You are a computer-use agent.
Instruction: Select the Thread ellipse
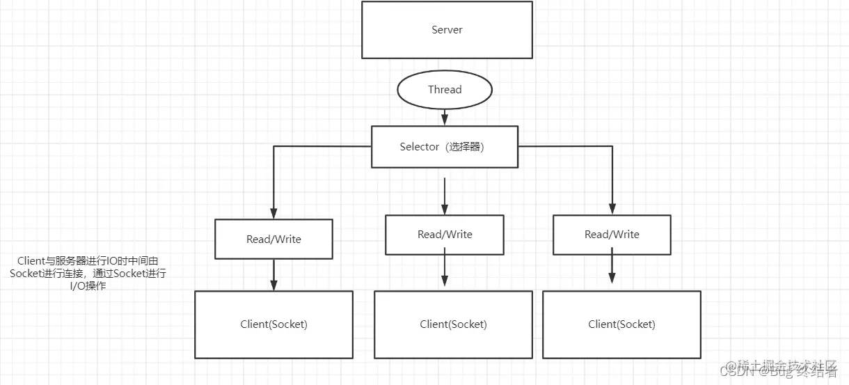(445, 90)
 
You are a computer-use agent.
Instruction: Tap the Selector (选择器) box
(444, 147)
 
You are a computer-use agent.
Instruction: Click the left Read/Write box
(273, 239)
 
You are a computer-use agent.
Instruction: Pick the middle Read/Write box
(444, 235)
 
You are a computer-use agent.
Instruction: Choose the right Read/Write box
(612, 235)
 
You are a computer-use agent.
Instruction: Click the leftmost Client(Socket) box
(273, 324)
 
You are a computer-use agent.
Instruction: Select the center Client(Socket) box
(453, 324)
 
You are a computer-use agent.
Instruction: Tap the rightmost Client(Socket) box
(621, 324)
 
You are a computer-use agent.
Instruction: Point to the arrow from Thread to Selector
(445, 116)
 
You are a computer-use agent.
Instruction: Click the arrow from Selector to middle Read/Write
(445, 195)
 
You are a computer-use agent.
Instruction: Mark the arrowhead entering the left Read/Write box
(273, 213)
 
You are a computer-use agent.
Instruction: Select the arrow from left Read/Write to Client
(273, 274)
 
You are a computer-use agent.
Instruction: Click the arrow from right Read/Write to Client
(612, 269)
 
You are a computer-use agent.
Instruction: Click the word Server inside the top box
(447, 30)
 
